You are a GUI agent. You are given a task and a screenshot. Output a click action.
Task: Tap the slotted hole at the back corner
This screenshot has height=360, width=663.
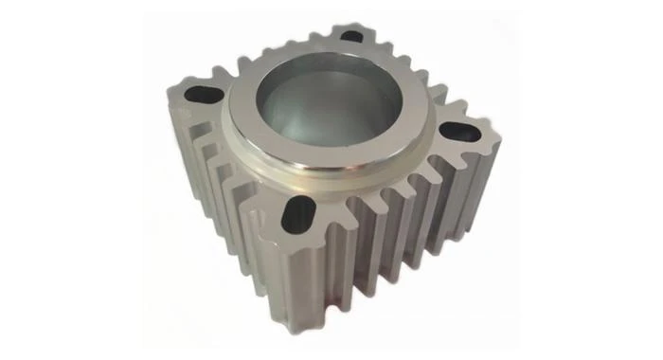coord(351,36)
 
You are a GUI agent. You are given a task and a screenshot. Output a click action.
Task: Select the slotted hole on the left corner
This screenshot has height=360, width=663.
coord(202,95)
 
